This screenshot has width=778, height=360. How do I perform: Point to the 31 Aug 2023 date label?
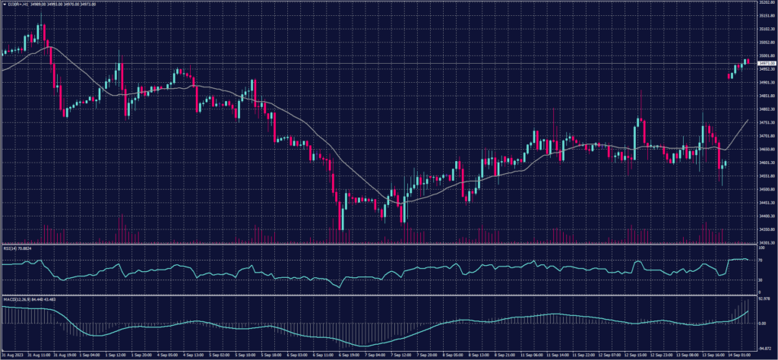pos(13,355)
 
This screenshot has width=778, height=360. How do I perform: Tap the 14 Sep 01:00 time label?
pos(739,355)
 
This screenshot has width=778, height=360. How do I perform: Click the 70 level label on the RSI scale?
pos(761,260)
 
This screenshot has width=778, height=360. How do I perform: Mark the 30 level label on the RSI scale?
pos(761,280)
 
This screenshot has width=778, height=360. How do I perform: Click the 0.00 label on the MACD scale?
pos(761,323)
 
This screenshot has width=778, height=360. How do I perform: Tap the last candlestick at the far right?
pos(748,61)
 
